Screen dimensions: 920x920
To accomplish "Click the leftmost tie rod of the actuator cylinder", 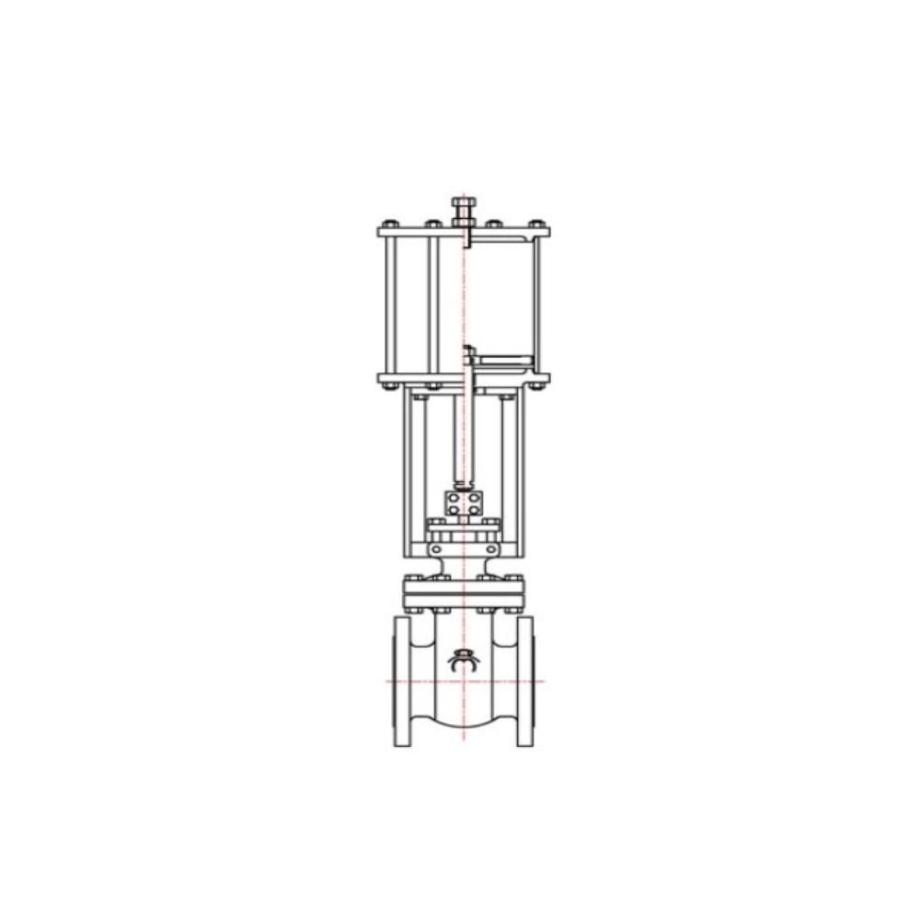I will [391, 304].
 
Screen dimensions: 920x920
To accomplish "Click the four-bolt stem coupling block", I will [464, 503].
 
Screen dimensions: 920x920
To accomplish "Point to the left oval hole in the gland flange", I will [438, 549].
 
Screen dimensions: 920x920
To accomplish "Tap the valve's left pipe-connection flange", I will [403, 681].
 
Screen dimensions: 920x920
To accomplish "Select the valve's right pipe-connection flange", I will [524, 681].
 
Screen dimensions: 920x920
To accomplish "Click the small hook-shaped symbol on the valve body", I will [464, 660].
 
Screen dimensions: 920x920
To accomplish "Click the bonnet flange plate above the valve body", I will [464, 593].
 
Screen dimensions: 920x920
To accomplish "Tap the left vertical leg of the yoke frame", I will [406, 474].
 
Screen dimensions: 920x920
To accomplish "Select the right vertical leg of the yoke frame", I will [523, 474].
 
